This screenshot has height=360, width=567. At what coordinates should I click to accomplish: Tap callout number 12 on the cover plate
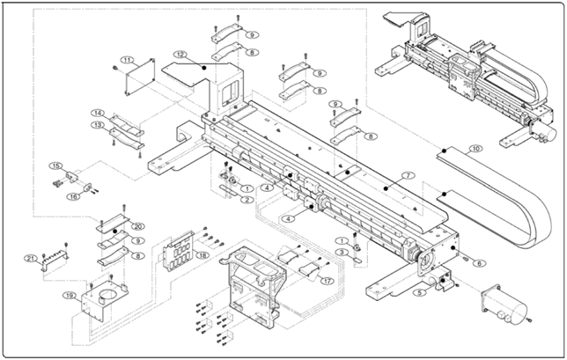(179, 55)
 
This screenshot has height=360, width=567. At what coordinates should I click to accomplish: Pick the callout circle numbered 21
(30, 258)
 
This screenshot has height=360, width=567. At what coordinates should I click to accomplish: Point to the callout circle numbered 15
(55, 165)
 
